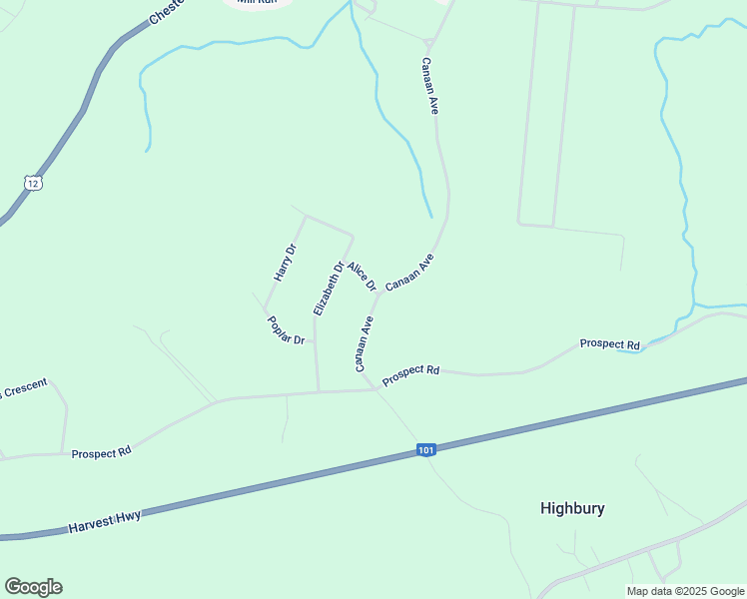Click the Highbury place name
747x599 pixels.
(x=572, y=508)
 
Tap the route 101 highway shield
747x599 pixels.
(x=426, y=451)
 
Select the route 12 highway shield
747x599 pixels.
(x=34, y=185)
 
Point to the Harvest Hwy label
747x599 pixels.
(x=104, y=520)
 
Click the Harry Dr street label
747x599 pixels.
(x=286, y=263)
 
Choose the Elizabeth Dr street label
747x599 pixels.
(x=329, y=289)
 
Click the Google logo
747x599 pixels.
(x=33, y=587)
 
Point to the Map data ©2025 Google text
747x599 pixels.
(x=686, y=591)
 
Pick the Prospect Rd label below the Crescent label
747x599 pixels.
(x=101, y=452)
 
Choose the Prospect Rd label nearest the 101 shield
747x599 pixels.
(x=410, y=373)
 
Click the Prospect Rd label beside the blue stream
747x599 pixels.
(x=609, y=344)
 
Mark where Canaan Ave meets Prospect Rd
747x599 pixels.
(x=376, y=389)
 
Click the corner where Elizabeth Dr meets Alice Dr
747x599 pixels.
(x=354, y=237)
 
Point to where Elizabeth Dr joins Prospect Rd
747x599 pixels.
(x=319, y=391)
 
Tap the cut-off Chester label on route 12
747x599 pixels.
(x=168, y=10)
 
